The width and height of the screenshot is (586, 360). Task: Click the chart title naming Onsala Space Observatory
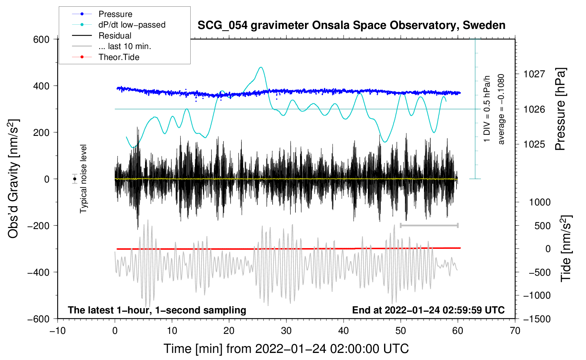pos(351,25)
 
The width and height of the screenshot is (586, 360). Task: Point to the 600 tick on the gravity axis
pos(41,39)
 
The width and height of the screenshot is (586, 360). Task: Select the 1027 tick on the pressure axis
pos(534,74)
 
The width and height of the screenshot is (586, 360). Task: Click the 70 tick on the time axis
pos(515,331)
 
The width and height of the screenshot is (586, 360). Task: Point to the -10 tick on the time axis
pos(58,331)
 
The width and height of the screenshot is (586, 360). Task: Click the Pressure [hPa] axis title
pos(560,109)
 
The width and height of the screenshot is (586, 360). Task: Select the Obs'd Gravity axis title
pos(13,179)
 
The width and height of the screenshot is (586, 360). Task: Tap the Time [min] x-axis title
pos(286,349)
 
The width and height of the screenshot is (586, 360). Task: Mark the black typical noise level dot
pos(74,179)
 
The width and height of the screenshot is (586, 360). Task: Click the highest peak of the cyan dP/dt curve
pos(261,67)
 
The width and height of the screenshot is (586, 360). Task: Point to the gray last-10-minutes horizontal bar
pos(429,225)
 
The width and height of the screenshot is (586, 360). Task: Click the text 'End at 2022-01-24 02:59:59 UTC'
pos(428,310)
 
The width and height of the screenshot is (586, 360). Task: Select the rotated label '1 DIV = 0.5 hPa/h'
pos(487,109)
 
